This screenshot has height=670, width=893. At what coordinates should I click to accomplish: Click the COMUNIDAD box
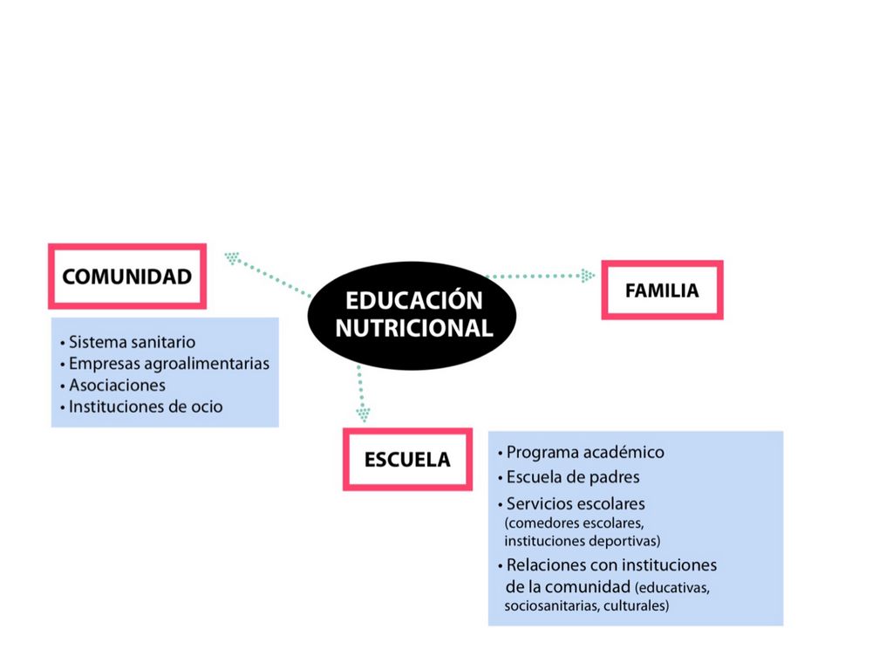point(127,277)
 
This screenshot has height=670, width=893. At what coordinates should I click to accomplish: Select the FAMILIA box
point(662,291)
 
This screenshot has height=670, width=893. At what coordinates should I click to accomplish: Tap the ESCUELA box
point(407,459)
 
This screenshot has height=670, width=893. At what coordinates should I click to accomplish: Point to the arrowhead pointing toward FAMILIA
point(588,276)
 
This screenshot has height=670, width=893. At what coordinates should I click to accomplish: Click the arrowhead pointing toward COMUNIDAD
point(232,257)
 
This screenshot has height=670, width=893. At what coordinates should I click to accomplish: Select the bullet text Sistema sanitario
point(132,342)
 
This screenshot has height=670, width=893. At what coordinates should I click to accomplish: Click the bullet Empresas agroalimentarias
point(168,363)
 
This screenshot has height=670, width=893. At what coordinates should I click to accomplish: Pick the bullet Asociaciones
point(117,385)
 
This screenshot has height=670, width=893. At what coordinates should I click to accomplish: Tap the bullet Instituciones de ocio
point(146,407)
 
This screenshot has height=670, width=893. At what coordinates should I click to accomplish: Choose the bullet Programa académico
point(585,453)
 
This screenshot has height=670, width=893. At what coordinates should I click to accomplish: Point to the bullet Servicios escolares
point(576,504)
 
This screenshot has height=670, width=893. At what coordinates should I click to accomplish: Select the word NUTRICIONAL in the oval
point(413,329)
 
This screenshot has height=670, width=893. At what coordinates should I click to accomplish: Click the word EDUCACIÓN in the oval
point(413,301)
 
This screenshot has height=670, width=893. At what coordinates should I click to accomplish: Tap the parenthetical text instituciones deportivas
point(582,541)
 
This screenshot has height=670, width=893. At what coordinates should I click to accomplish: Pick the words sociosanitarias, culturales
point(587,605)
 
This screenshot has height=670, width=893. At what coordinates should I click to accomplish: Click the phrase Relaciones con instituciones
point(611,565)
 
